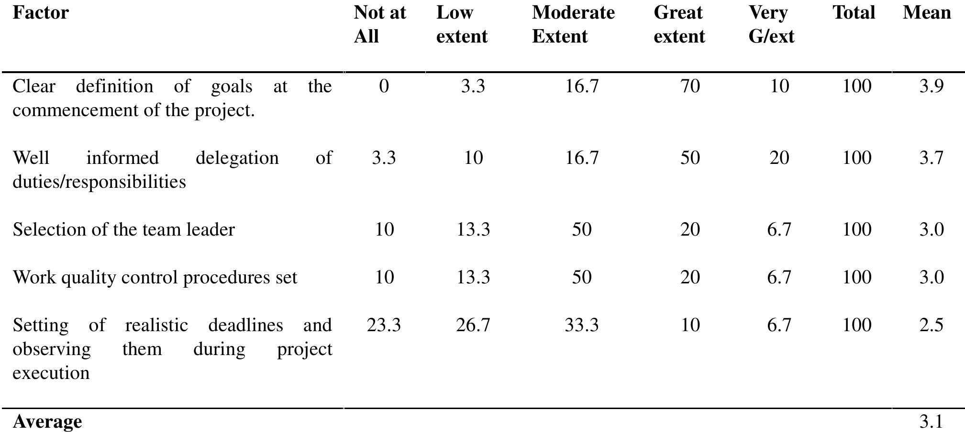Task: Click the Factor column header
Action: pos(41,13)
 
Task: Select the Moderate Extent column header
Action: pos(573,24)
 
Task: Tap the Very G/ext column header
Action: pos(771,24)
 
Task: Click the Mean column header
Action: pos(926,13)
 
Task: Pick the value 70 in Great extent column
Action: pos(689,86)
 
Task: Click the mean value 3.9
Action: pos(931,86)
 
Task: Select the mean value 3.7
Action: pos(931,158)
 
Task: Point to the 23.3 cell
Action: pos(383,325)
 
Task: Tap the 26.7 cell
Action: pos(473,325)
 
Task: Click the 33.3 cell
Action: pos(581,325)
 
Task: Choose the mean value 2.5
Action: pos(931,325)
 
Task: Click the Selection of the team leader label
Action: pos(123,230)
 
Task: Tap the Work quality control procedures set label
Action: pos(155,278)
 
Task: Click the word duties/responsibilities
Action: pos(99,182)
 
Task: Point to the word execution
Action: pos(51,373)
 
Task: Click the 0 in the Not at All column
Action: pos(383,86)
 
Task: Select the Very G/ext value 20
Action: pos(779,158)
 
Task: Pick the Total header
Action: pos(854,13)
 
